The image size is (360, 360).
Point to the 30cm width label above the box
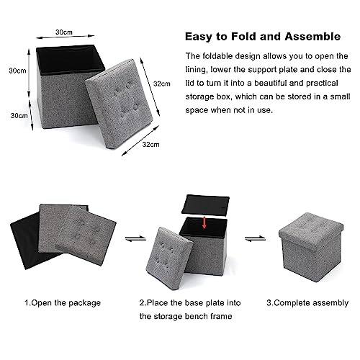pyautogui.click(x=63, y=33)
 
